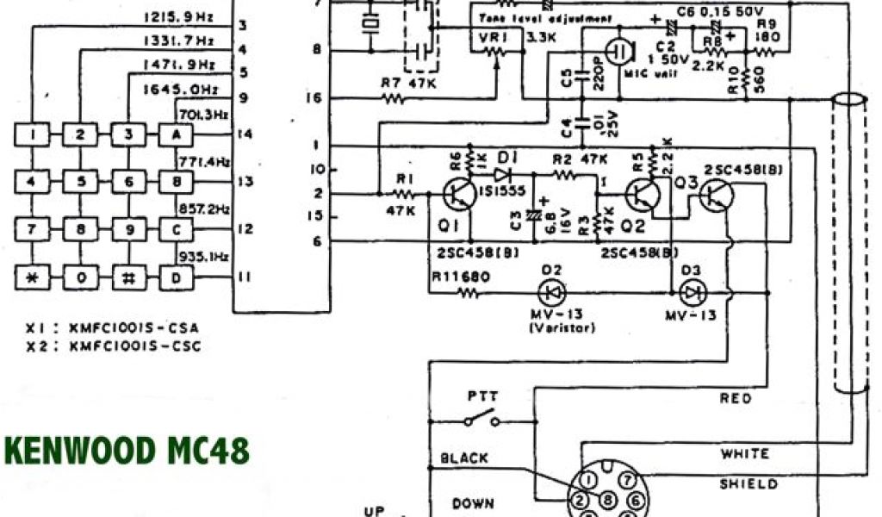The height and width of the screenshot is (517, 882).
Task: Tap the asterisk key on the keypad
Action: pos(32,277)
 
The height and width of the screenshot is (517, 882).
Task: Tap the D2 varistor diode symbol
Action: pos(550,292)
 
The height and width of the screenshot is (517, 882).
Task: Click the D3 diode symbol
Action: pos(691,292)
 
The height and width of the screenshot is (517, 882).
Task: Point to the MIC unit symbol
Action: pos(618,51)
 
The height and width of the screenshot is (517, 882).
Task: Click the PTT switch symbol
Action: pos(481,420)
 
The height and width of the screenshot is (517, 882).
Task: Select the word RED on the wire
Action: pos(736,398)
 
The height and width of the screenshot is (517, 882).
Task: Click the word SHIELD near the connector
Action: pos(748,484)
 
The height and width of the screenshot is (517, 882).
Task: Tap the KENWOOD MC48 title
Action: pos(127,451)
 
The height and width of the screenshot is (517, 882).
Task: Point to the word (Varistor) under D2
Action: pos(550,328)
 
